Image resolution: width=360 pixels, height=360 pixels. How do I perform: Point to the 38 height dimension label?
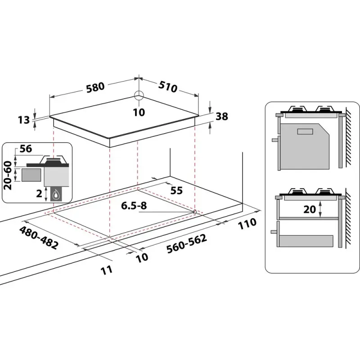221,117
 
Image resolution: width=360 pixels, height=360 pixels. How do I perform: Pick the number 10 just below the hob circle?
139,112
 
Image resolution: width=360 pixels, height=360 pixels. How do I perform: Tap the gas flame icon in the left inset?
56,195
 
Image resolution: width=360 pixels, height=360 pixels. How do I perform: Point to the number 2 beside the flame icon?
39,194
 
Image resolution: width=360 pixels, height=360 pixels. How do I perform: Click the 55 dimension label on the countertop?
176,190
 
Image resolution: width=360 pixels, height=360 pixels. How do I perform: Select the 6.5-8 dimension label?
134,206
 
